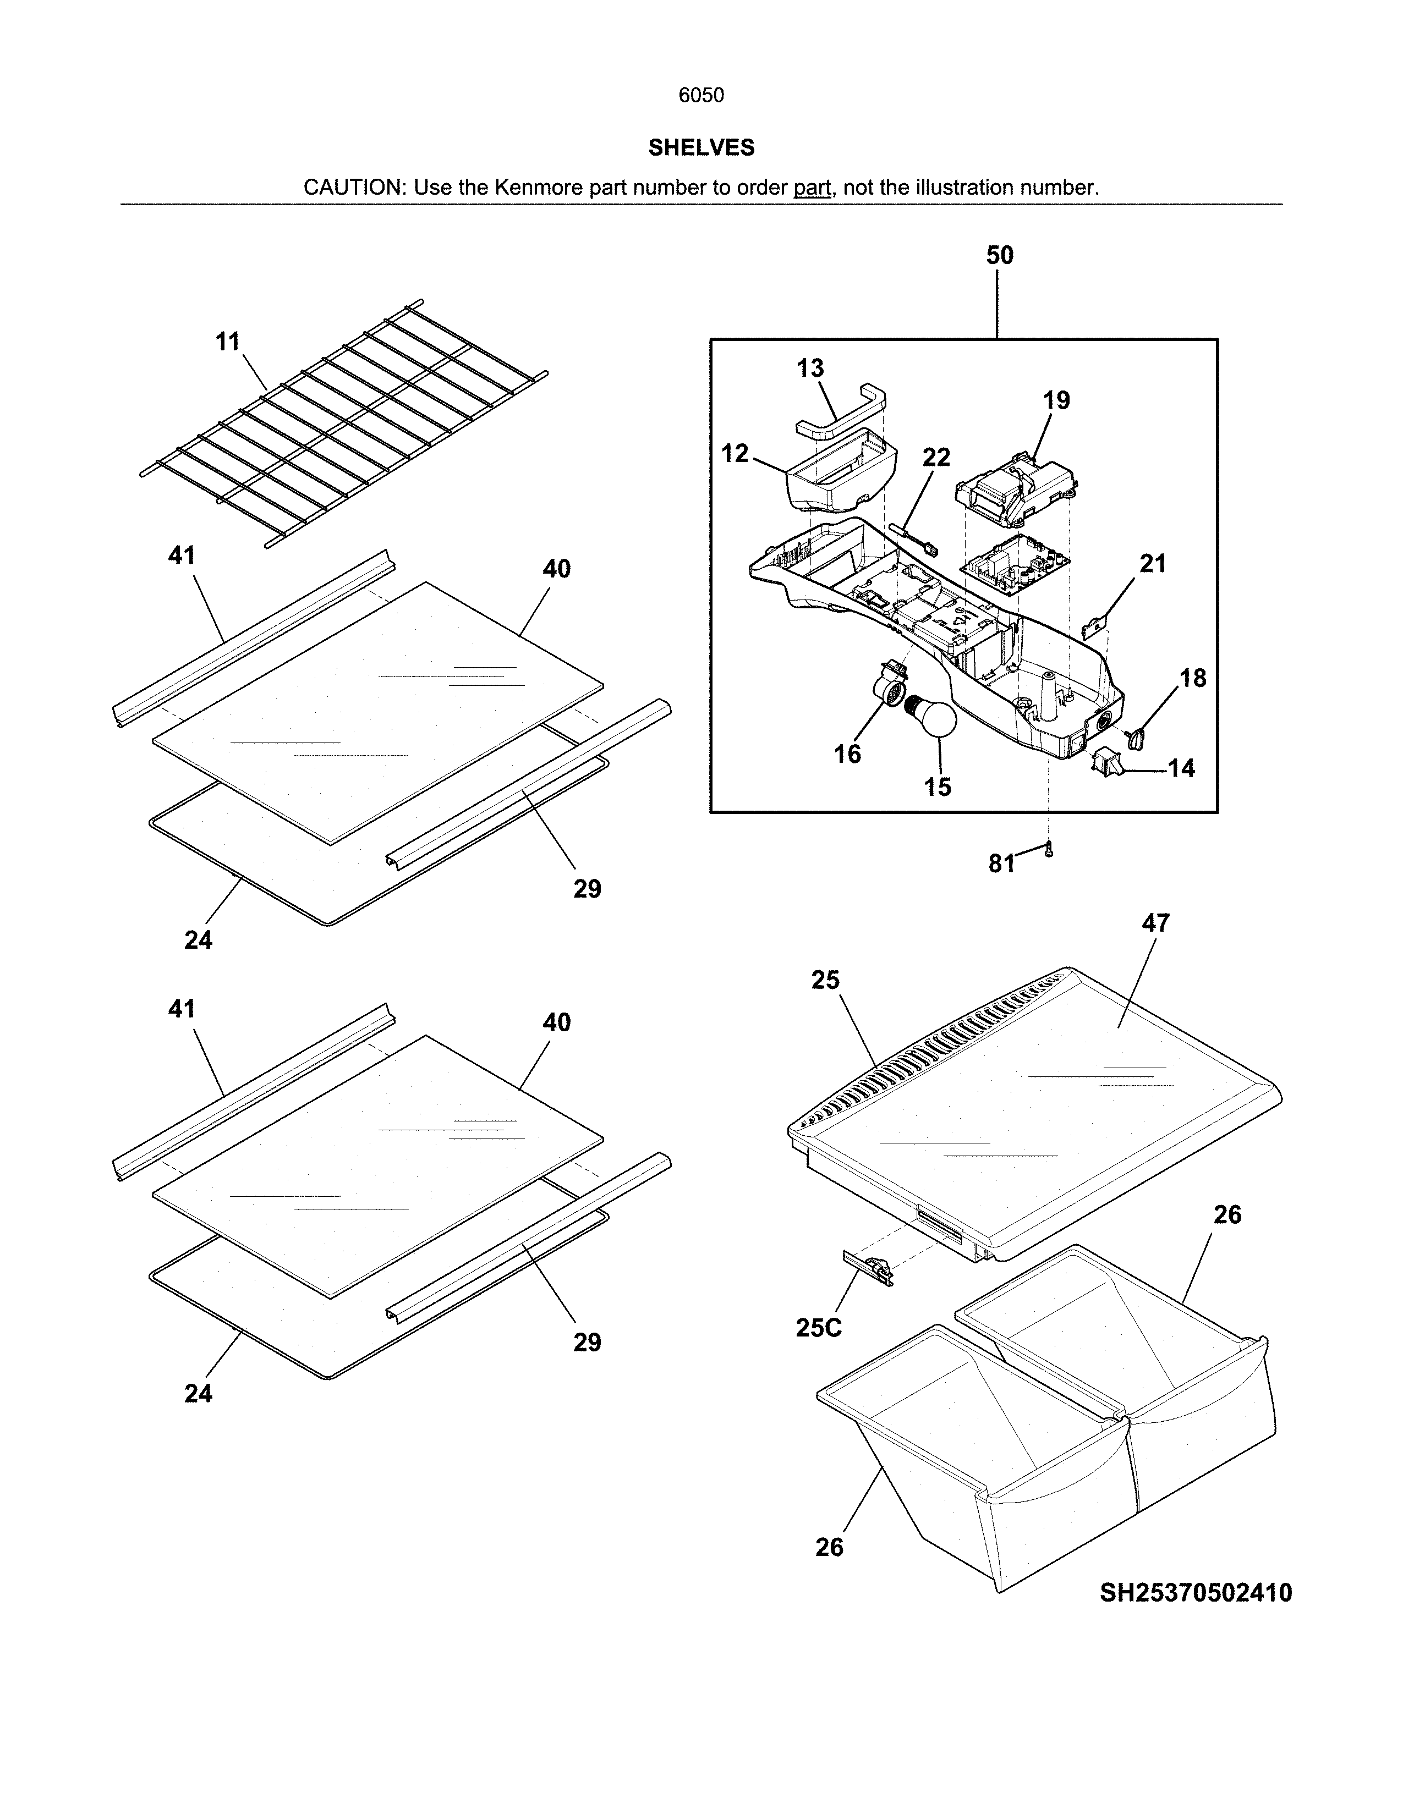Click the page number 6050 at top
pyautogui.click(x=700, y=96)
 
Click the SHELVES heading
pyautogui.click(x=700, y=148)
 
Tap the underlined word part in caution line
pyautogui.click(x=812, y=188)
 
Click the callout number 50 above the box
pyautogui.click(x=999, y=255)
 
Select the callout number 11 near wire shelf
pyautogui.click(x=228, y=342)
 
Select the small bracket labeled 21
pyautogui.click(x=1099, y=624)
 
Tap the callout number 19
pyautogui.click(x=1056, y=400)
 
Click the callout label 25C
pyautogui.click(x=819, y=1329)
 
